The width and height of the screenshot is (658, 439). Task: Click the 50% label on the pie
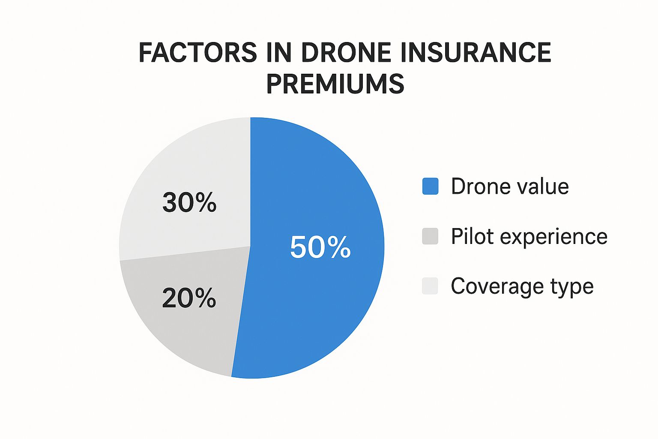click(320, 247)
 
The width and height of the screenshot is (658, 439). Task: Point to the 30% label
click(189, 202)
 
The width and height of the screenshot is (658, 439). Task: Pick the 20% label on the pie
click(189, 298)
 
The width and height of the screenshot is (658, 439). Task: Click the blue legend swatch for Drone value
click(430, 186)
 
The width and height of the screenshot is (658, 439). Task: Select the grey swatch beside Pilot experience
click(430, 236)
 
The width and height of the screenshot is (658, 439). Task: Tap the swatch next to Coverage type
click(430, 286)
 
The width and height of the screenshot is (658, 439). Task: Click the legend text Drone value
click(510, 186)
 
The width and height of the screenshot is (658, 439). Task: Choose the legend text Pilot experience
click(529, 236)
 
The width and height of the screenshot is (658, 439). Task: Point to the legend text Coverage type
click(522, 286)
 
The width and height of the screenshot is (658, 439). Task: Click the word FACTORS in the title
click(197, 53)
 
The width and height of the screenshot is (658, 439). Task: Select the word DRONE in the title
click(346, 53)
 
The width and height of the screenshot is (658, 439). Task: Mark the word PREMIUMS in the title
click(335, 84)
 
